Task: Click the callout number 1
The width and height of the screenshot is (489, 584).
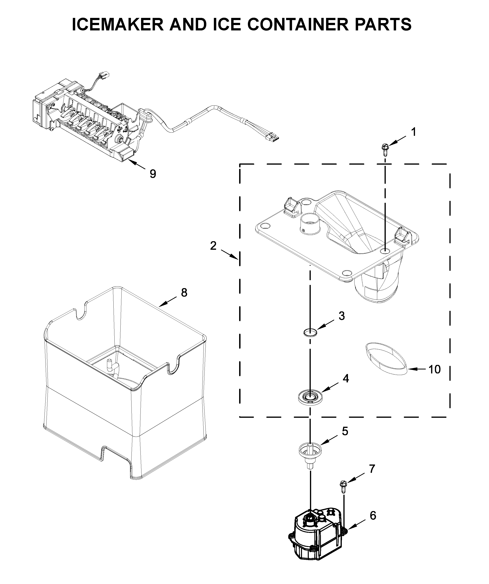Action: click(414, 132)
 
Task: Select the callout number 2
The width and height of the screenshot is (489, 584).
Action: click(213, 246)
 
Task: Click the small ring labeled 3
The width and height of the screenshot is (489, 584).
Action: click(310, 332)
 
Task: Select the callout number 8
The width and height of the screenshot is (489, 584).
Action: click(184, 292)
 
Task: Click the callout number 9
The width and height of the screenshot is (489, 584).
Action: click(153, 174)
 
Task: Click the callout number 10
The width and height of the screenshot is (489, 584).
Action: click(434, 369)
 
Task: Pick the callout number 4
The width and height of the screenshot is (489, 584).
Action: click(346, 378)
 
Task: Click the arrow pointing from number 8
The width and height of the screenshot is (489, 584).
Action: click(168, 301)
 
